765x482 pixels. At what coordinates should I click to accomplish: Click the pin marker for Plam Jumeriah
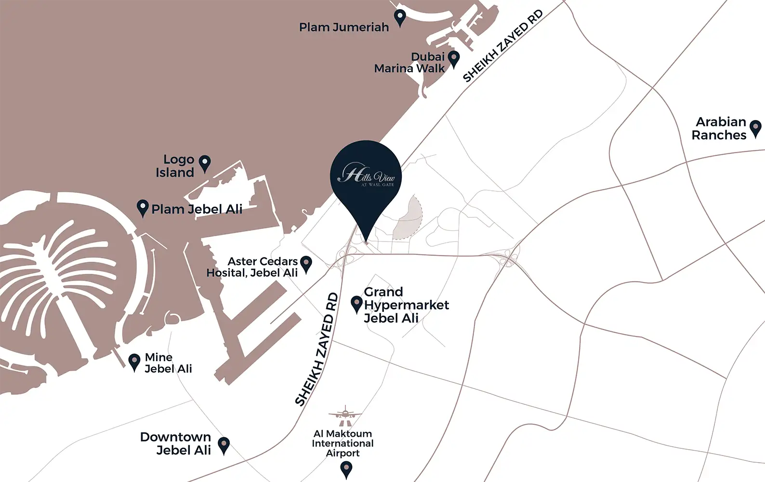(400, 17)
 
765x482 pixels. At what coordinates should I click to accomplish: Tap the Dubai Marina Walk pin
(454, 58)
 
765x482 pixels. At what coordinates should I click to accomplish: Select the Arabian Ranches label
(719, 129)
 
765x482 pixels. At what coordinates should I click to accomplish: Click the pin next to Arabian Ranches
(755, 128)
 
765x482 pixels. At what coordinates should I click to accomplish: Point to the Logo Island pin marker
(205, 163)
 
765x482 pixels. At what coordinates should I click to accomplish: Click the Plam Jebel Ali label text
(197, 209)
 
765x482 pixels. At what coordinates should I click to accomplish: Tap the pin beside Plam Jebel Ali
(143, 208)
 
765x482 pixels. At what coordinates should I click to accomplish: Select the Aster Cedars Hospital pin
(306, 264)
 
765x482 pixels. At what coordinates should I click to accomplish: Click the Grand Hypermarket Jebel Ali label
(406, 305)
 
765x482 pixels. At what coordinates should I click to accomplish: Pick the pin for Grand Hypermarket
(356, 304)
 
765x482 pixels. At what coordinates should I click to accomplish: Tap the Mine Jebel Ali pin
(134, 361)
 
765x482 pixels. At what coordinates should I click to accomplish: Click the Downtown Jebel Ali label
(176, 443)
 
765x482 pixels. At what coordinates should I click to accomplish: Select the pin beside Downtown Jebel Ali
(224, 445)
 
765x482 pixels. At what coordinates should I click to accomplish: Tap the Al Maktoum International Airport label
(343, 443)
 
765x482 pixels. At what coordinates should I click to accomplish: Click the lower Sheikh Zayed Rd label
(317, 349)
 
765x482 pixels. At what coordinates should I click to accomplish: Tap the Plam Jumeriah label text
(343, 27)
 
